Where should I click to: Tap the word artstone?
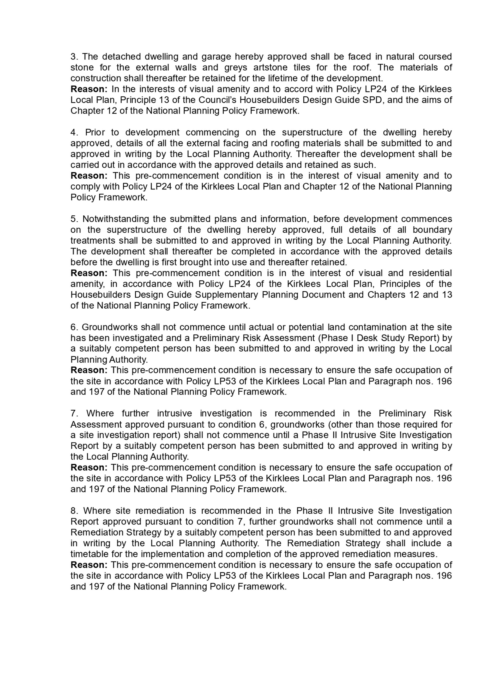(270, 67)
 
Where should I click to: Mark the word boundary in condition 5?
(432, 230)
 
